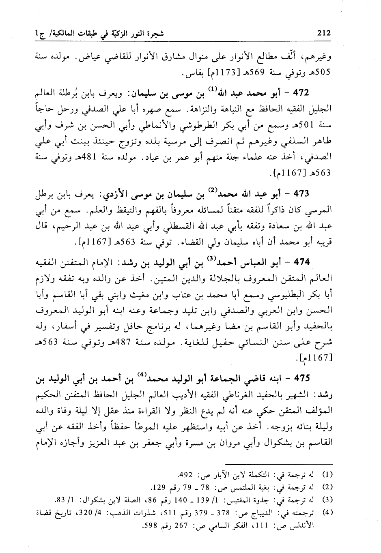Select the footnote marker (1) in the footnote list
pyautogui.click(x=327, y=474)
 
